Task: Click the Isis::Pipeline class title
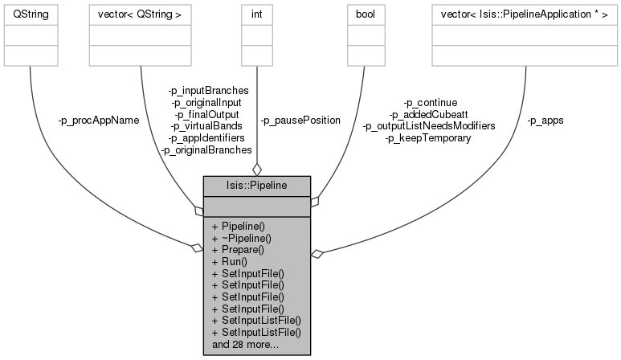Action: (x=256, y=185)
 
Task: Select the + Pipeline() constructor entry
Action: (x=246, y=227)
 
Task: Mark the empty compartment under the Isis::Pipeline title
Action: (x=256, y=206)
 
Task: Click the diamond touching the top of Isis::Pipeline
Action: (x=256, y=170)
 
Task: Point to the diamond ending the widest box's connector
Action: (x=317, y=254)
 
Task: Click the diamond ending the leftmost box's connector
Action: (x=197, y=248)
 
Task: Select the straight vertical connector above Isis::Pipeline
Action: (x=256, y=112)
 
